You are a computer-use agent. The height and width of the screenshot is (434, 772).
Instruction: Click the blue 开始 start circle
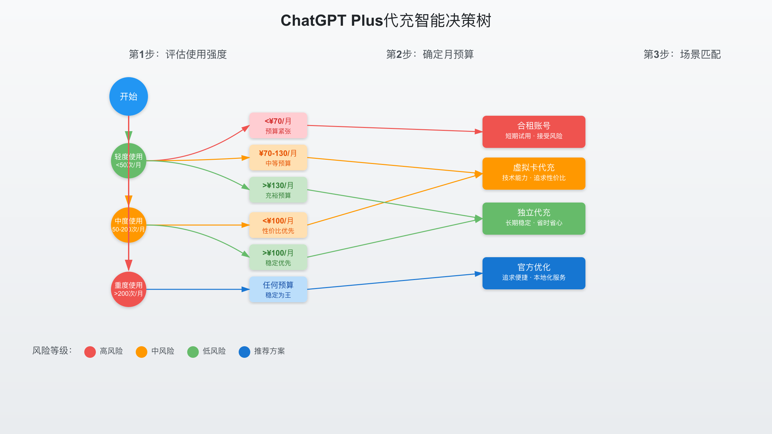[x=129, y=96]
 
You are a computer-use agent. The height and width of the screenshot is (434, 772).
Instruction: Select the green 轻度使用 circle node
[x=129, y=161]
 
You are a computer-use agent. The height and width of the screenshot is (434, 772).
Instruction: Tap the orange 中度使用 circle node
[x=129, y=225]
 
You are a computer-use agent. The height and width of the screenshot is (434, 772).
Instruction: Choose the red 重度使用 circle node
[x=129, y=289]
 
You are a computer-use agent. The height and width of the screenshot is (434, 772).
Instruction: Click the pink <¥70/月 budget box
[x=278, y=125]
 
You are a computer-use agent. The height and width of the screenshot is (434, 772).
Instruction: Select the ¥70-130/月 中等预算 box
[x=278, y=158]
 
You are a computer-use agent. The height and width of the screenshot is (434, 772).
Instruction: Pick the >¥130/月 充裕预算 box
[x=278, y=190]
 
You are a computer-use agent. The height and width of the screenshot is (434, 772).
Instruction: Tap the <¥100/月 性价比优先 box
[x=278, y=225]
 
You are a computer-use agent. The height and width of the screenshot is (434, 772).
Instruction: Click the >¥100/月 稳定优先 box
[x=278, y=257]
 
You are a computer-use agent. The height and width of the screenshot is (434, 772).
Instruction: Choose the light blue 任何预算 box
[x=278, y=289]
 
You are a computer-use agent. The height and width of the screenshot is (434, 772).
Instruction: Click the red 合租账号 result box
[x=534, y=132]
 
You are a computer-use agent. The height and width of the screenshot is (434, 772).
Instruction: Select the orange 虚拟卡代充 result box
[x=534, y=174]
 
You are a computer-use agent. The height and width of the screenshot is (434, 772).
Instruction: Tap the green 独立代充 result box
[x=534, y=219]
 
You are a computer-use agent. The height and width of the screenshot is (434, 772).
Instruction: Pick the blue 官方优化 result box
[x=534, y=273]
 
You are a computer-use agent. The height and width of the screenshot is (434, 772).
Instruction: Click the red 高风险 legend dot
[x=90, y=352]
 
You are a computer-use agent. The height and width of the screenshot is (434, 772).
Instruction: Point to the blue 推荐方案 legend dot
[x=244, y=352]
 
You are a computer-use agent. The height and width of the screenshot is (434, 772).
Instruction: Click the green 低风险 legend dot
[x=193, y=352]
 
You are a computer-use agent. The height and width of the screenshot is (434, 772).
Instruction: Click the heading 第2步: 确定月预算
[x=430, y=54]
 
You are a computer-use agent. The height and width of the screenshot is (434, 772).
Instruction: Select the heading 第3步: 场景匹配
[x=682, y=54]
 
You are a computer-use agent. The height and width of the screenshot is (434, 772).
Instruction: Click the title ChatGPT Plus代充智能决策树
[x=386, y=21]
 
